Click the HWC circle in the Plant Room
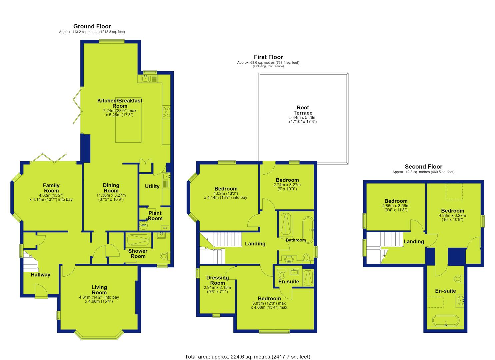click(143, 225)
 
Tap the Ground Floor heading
click(92, 26)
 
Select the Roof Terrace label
click(303, 110)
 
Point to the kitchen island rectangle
click(128, 128)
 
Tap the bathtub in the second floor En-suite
click(446, 321)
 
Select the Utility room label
click(152, 186)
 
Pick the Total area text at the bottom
click(247, 351)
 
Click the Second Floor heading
click(423, 167)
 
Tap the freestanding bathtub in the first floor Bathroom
click(308, 230)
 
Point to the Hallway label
click(40, 275)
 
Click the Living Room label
click(99, 290)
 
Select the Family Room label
click(51, 188)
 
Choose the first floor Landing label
click(255, 244)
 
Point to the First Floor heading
click(268, 57)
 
